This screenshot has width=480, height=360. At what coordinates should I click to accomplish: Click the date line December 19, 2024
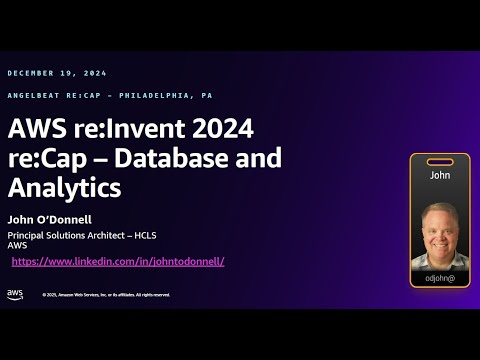coord(57,73)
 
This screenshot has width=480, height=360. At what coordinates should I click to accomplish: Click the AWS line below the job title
coord(16,246)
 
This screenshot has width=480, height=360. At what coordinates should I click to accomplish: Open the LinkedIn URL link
coord(118,261)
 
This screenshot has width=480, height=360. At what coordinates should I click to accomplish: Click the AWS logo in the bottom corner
coord(15,293)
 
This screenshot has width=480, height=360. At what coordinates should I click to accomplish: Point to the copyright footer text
coord(106,295)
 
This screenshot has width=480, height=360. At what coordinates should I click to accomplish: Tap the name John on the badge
coord(440,174)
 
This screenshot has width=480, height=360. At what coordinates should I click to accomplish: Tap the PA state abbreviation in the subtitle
coord(206,95)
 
